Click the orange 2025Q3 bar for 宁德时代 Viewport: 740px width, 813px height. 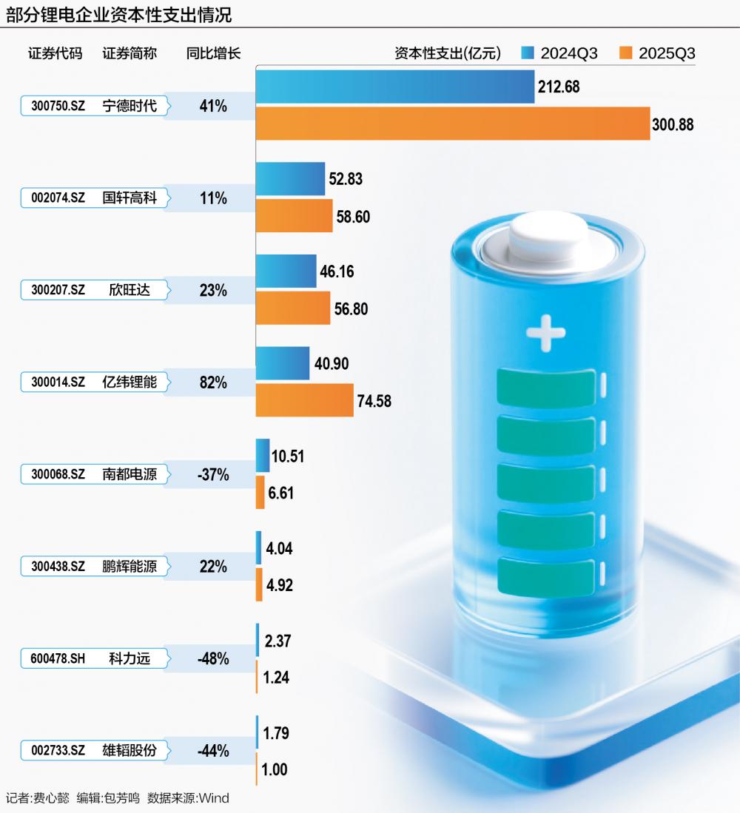(452, 124)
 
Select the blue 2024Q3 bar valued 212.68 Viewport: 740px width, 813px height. (395, 87)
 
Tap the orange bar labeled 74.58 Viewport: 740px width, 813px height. (304, 400)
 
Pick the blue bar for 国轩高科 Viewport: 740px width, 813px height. (290, 179)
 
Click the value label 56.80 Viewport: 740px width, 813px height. (351, 308)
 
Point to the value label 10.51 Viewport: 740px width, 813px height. (288, 456)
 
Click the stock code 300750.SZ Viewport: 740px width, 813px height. (58, 106)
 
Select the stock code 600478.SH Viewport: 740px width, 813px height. (58, 658)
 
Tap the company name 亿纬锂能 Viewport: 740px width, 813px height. (129, 382)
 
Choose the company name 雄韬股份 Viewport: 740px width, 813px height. (129, 749)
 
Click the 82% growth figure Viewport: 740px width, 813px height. (213, 382)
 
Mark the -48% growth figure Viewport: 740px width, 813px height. (213, 658)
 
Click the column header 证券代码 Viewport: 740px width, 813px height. (55, 53)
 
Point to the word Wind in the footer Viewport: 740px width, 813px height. (214, 797)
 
